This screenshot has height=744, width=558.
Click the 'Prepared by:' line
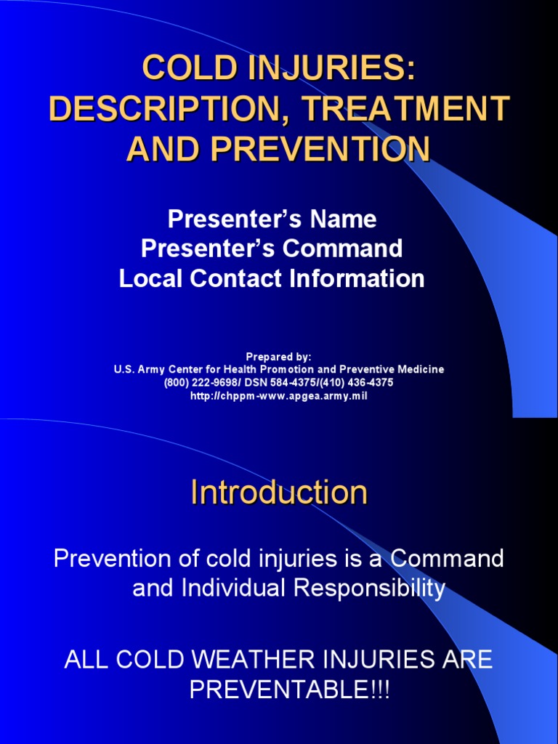[278, 357]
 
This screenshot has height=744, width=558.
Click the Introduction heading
[279, 493]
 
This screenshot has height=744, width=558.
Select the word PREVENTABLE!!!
[290, 690]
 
